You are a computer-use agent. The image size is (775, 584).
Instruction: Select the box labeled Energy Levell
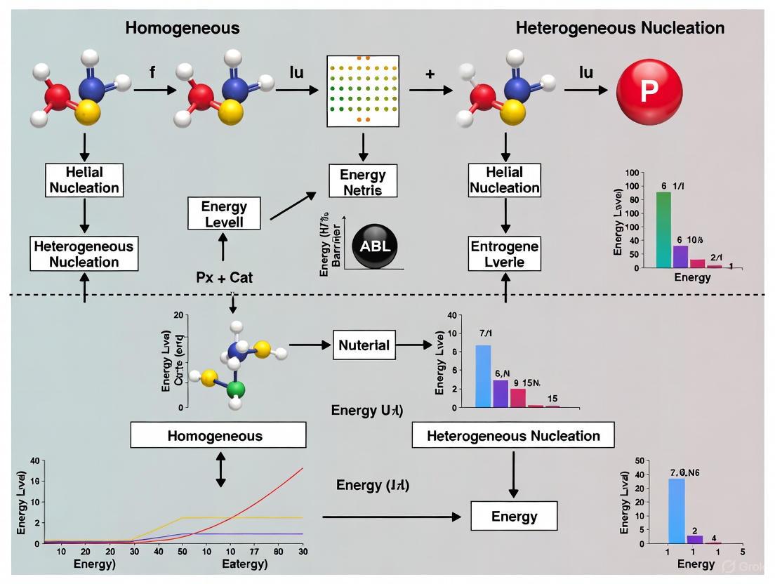(x=224, y=213)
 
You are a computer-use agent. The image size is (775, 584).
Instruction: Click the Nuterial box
(x=364, y=345)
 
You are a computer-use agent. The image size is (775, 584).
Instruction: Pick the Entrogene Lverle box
(x=505, y=255)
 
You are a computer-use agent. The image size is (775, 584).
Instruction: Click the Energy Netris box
(x=363, y=181)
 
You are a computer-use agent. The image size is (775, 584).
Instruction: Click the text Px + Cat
(x=224, y=277)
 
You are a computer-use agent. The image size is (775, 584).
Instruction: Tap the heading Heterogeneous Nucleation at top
(x=620, y=29)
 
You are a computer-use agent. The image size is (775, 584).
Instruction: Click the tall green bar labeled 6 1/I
(x=663, y=230)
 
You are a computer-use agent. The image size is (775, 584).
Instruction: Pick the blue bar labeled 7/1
(x=483, y=376)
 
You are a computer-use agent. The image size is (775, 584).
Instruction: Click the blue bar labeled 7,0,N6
(x=676, y=510)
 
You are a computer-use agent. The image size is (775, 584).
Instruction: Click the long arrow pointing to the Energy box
(x=392, y=517)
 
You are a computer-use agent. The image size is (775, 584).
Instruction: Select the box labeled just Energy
(x=514, y=517)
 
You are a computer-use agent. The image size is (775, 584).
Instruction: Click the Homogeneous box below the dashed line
(x=218, y=435)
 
